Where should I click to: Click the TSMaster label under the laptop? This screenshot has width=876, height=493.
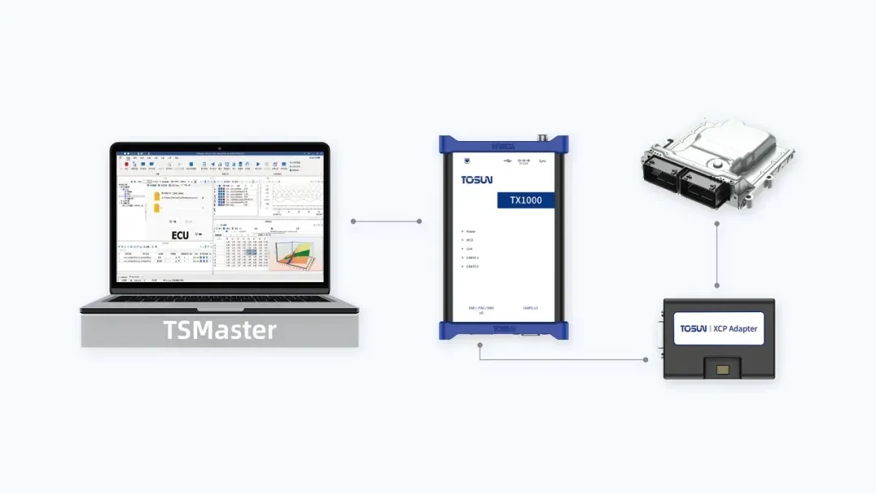220,331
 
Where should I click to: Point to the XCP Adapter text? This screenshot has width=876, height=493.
733,328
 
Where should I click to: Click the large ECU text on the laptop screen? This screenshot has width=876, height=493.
179,235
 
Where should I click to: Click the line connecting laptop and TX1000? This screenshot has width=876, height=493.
385,221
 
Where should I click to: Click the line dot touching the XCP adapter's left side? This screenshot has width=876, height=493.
646,359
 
